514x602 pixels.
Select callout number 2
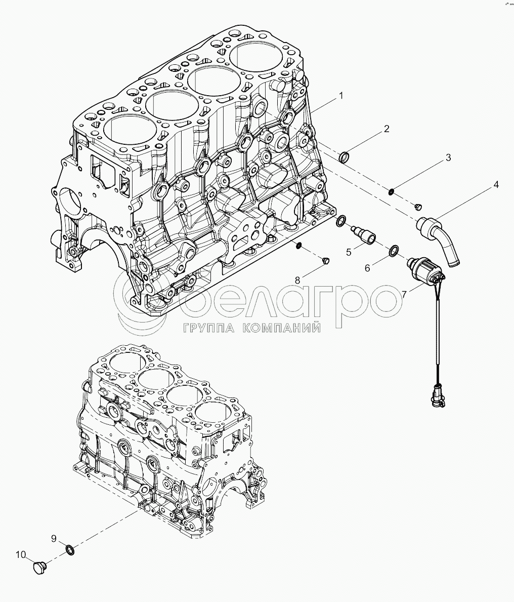pos(387,129)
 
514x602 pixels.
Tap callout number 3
pos(448,158)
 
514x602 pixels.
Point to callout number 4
pos(496,184)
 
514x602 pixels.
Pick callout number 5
pos(349,251)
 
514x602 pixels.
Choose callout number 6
pos(368,267)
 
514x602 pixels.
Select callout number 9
pos(53,538)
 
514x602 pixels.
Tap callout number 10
pos(21,555)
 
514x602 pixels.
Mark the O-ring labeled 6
pos(393,251)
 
